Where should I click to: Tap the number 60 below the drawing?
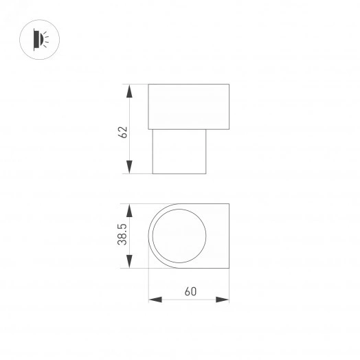(190, 291)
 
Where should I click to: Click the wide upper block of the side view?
(189, 106)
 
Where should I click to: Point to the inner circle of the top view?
(178, 238)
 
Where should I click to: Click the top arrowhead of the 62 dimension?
(128, 89)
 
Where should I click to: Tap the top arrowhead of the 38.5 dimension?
(128, 208)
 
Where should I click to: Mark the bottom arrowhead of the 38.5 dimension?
(128, 266)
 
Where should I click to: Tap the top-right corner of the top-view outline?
(229, 204)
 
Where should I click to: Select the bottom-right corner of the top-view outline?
(229, 271)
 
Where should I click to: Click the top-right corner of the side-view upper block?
(229, 85)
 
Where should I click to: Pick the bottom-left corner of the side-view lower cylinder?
(152, 174)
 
